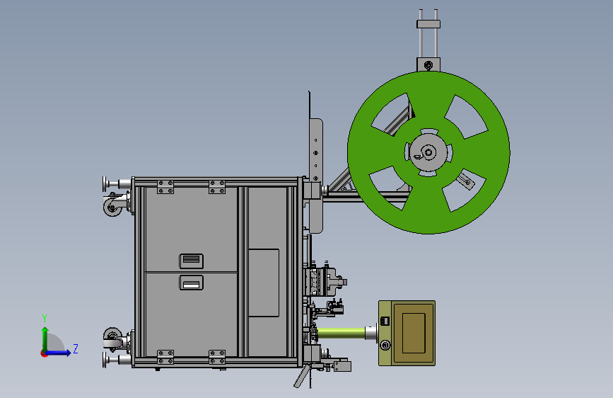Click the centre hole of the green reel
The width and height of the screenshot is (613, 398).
pyautogui.click(x=428, y=152)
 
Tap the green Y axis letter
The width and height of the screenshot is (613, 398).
pyautogui.click(x=45, y=319)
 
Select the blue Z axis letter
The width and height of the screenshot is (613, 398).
pyautogui.click(x=76, y=348)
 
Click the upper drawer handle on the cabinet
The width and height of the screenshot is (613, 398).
pyautogui.click(x=191, y=261)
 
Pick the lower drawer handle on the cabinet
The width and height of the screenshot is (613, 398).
pyautogui.click(x=191, y=283)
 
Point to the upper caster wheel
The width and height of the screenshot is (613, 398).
pyautogui.click(x=112, y=206)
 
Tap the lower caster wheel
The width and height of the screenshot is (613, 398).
pyautogui.click(x=112, y=336)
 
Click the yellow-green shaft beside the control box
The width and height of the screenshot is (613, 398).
pyautogui.click(x=341, y=334)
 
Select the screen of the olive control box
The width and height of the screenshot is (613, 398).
pyautogui.click(x=414, y=333)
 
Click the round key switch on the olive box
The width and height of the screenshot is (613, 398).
pyautogui.click(x=385, y=345)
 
